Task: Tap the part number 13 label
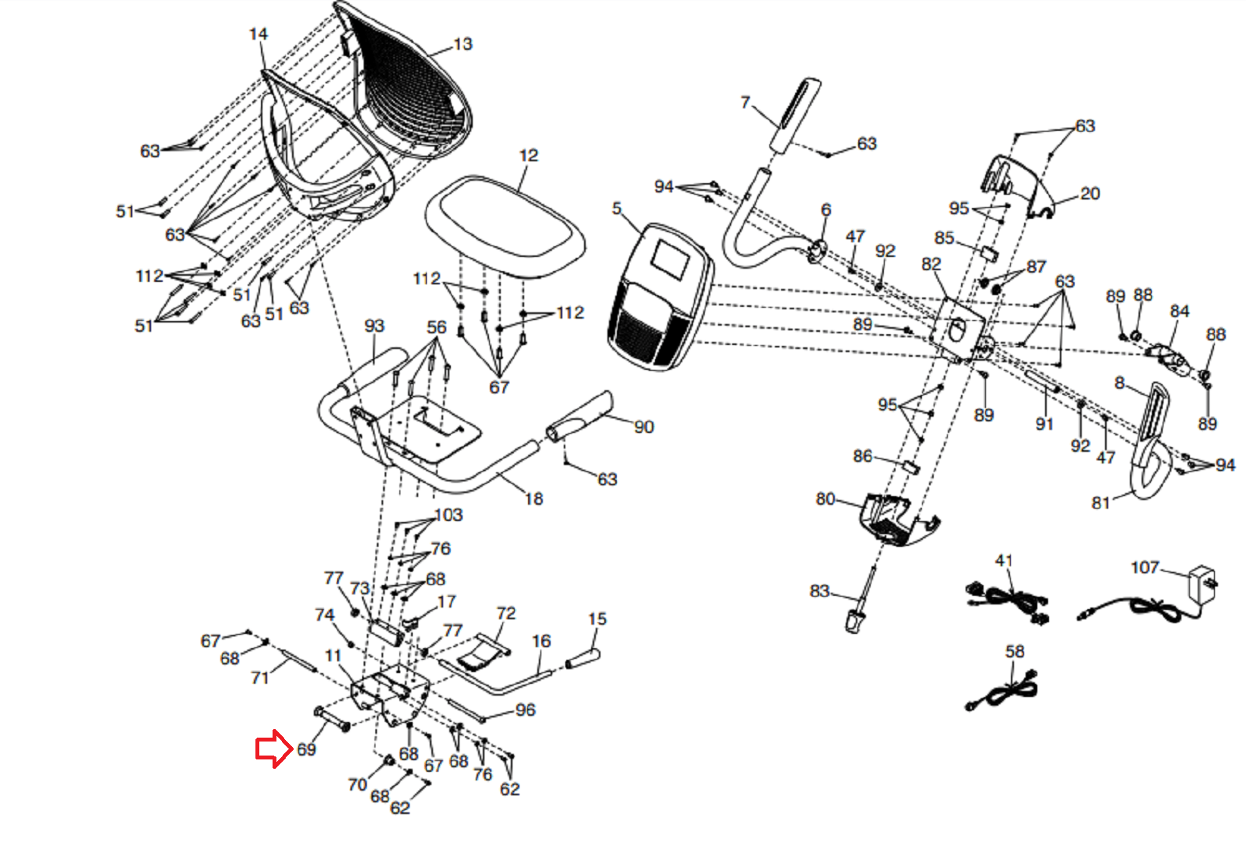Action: point(463,44)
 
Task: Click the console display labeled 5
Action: point(660,296)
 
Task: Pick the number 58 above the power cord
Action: point(1015,651)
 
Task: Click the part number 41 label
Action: point(1004,561)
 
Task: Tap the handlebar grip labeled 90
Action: point(581,417)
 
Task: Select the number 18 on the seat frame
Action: point(533,499)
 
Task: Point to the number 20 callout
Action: point(1090,193)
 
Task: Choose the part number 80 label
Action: point(825,499)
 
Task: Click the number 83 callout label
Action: point(819,591)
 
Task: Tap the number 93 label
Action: point(375,326)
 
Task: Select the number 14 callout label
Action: point(259,34)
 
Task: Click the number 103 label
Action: point(449,515)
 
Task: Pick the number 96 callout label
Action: point(526,710)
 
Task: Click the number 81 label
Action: point(1100,503)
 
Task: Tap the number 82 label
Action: point(931,264)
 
